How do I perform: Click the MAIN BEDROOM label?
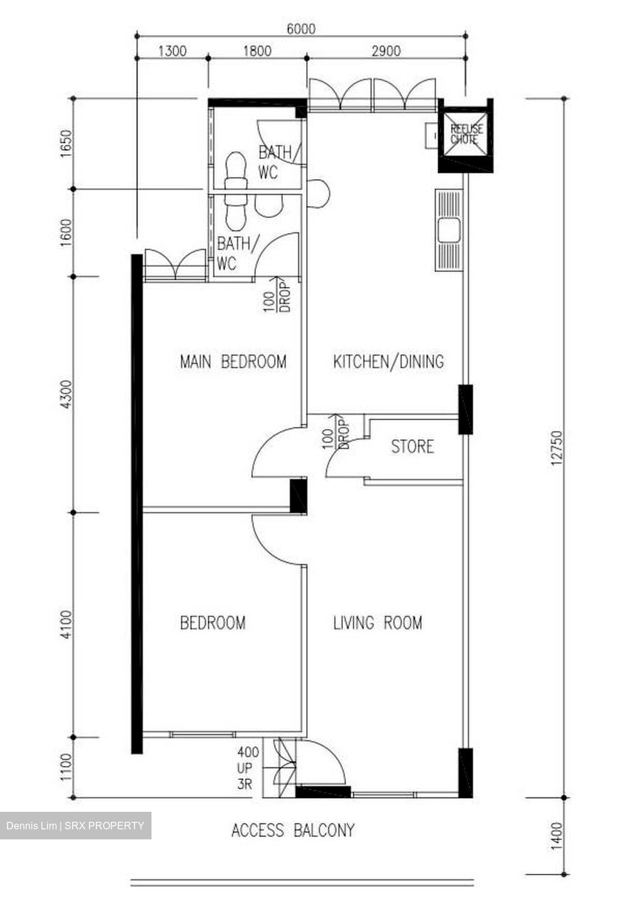[x=233, y=361]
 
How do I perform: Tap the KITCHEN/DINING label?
[x=388, y=361]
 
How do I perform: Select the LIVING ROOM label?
[x=377, y=623]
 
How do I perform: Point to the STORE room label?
[x=412, y=447]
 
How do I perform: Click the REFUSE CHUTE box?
[x=467, y=134]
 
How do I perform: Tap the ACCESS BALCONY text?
[x=293, y=831]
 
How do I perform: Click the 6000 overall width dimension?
[x=300, y=29]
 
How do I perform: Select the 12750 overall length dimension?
[x=556, y=448]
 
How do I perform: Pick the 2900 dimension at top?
[x=386, y=51]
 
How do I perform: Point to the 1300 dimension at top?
[x=171, y=51]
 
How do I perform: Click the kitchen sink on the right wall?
[x=449, y=231]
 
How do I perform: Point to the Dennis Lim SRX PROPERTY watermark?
[x=75, y=826]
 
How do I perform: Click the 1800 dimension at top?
[x=257, y=51]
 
